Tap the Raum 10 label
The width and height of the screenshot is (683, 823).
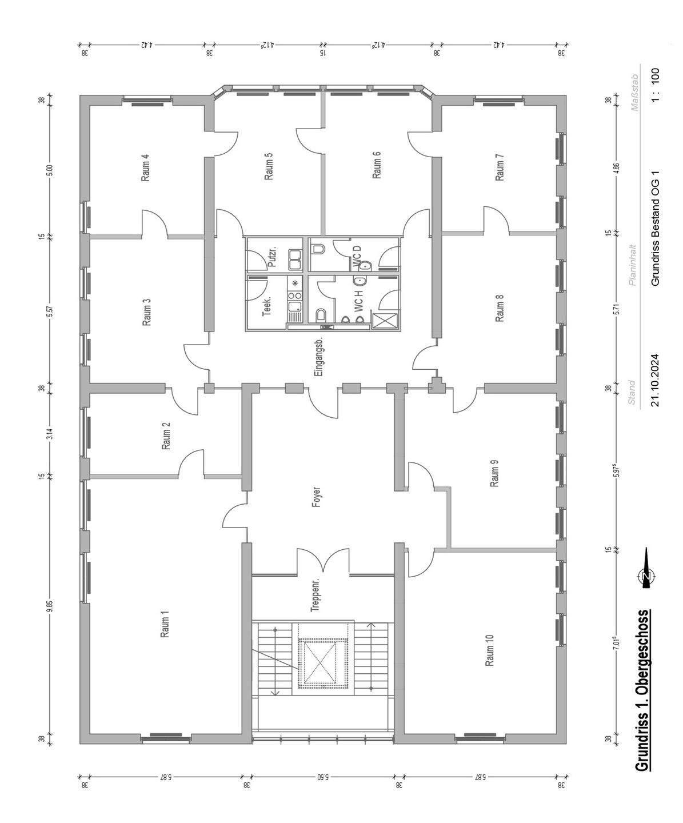pos(490,650)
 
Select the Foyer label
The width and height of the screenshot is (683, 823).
pos(317,497)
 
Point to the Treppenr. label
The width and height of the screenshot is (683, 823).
pos(315,595)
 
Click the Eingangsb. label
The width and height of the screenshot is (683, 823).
pos(319,357)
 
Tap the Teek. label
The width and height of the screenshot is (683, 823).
pos(267,307)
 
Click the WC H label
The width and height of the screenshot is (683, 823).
pos(358,302)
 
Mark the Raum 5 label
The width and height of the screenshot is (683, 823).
pos(269,166)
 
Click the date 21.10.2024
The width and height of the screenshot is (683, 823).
pos(655,381)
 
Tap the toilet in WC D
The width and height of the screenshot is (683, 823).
pos(317,249)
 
